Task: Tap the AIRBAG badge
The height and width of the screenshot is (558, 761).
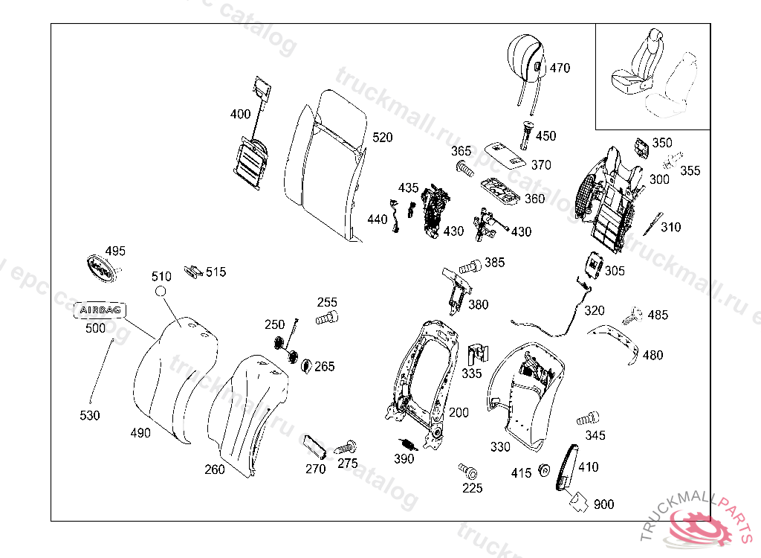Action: [100, 310]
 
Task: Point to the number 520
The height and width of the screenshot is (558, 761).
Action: [383, 138]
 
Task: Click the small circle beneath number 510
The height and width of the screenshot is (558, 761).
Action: [161, 293]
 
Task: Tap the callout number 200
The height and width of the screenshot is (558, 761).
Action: [459, 412]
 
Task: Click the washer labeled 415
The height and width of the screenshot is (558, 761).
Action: [543, 470]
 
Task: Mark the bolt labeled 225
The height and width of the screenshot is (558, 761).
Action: [468, 470]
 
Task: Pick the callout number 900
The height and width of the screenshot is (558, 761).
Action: [604, 504]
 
